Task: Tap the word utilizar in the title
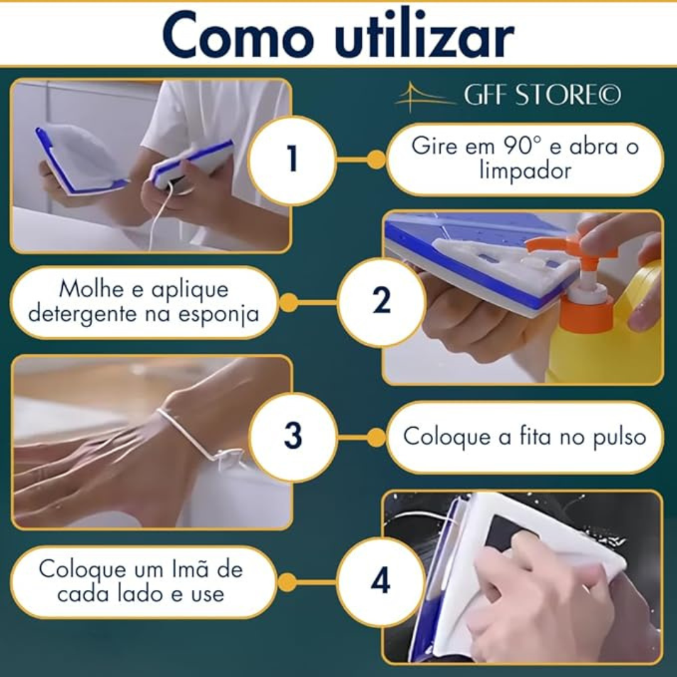[424, 35]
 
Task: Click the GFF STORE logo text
[542, 95]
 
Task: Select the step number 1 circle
[292, 159]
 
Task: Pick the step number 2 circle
[381, 301]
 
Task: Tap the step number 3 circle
[293, 436]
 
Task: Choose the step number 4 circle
[380, 581]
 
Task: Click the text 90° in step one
[519, 146]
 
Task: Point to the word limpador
[525, 171]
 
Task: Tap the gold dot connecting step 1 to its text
[376, 159]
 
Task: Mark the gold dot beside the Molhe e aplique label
[288, 302]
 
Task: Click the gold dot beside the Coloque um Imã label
[287, 582]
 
